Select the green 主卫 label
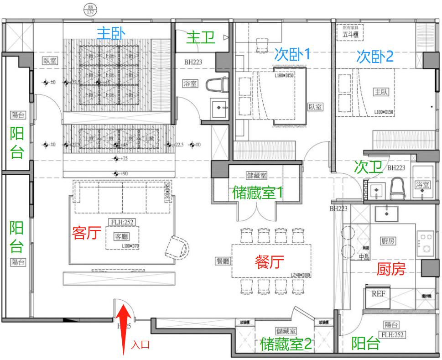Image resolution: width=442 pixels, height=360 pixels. click(x=201, y=38)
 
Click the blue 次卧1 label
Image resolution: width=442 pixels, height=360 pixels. click(x=292, y=55)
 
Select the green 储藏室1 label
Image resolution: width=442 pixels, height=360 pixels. click(x=257, y=193)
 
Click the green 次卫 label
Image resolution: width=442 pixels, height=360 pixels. click(x=368, y=167)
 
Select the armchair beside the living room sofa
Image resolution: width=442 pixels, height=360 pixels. click(x=177, y=246)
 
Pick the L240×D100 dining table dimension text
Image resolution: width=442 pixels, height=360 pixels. click(x=300, y=276)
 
